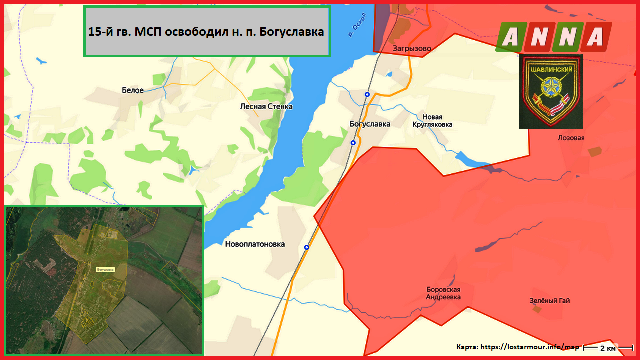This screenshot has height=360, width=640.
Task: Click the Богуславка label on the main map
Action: (370, 124)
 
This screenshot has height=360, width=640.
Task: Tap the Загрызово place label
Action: (411, 48)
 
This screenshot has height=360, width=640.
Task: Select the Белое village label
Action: (133, 90)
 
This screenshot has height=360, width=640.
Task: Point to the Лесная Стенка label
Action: (266, 106)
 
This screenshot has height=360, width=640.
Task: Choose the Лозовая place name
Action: (571, 138)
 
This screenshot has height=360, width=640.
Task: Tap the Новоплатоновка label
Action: (255, 244)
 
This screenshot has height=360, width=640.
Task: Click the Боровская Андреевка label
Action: (443, 293)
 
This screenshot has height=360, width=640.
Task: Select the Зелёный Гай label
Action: (550, 301)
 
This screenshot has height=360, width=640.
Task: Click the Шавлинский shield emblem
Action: (550, 92)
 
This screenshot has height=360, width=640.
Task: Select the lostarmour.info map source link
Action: (529, 347)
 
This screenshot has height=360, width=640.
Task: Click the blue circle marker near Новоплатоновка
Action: (307, 247)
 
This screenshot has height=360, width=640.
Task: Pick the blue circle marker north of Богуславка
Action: (367, 94)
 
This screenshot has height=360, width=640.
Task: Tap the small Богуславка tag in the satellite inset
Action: (105, 270)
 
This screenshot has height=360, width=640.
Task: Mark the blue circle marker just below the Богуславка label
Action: (353, 143)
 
